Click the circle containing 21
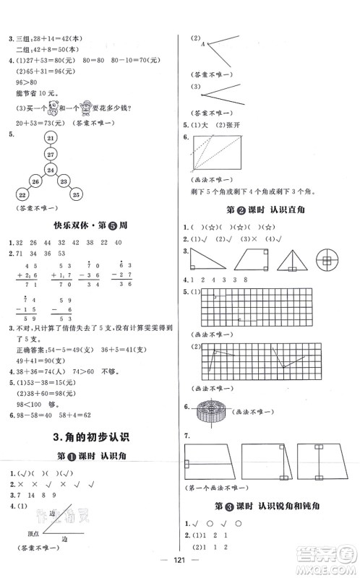(x=50, y=138)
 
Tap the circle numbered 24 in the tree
(x=50, y=171)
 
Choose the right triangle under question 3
(x=204, y=259)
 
